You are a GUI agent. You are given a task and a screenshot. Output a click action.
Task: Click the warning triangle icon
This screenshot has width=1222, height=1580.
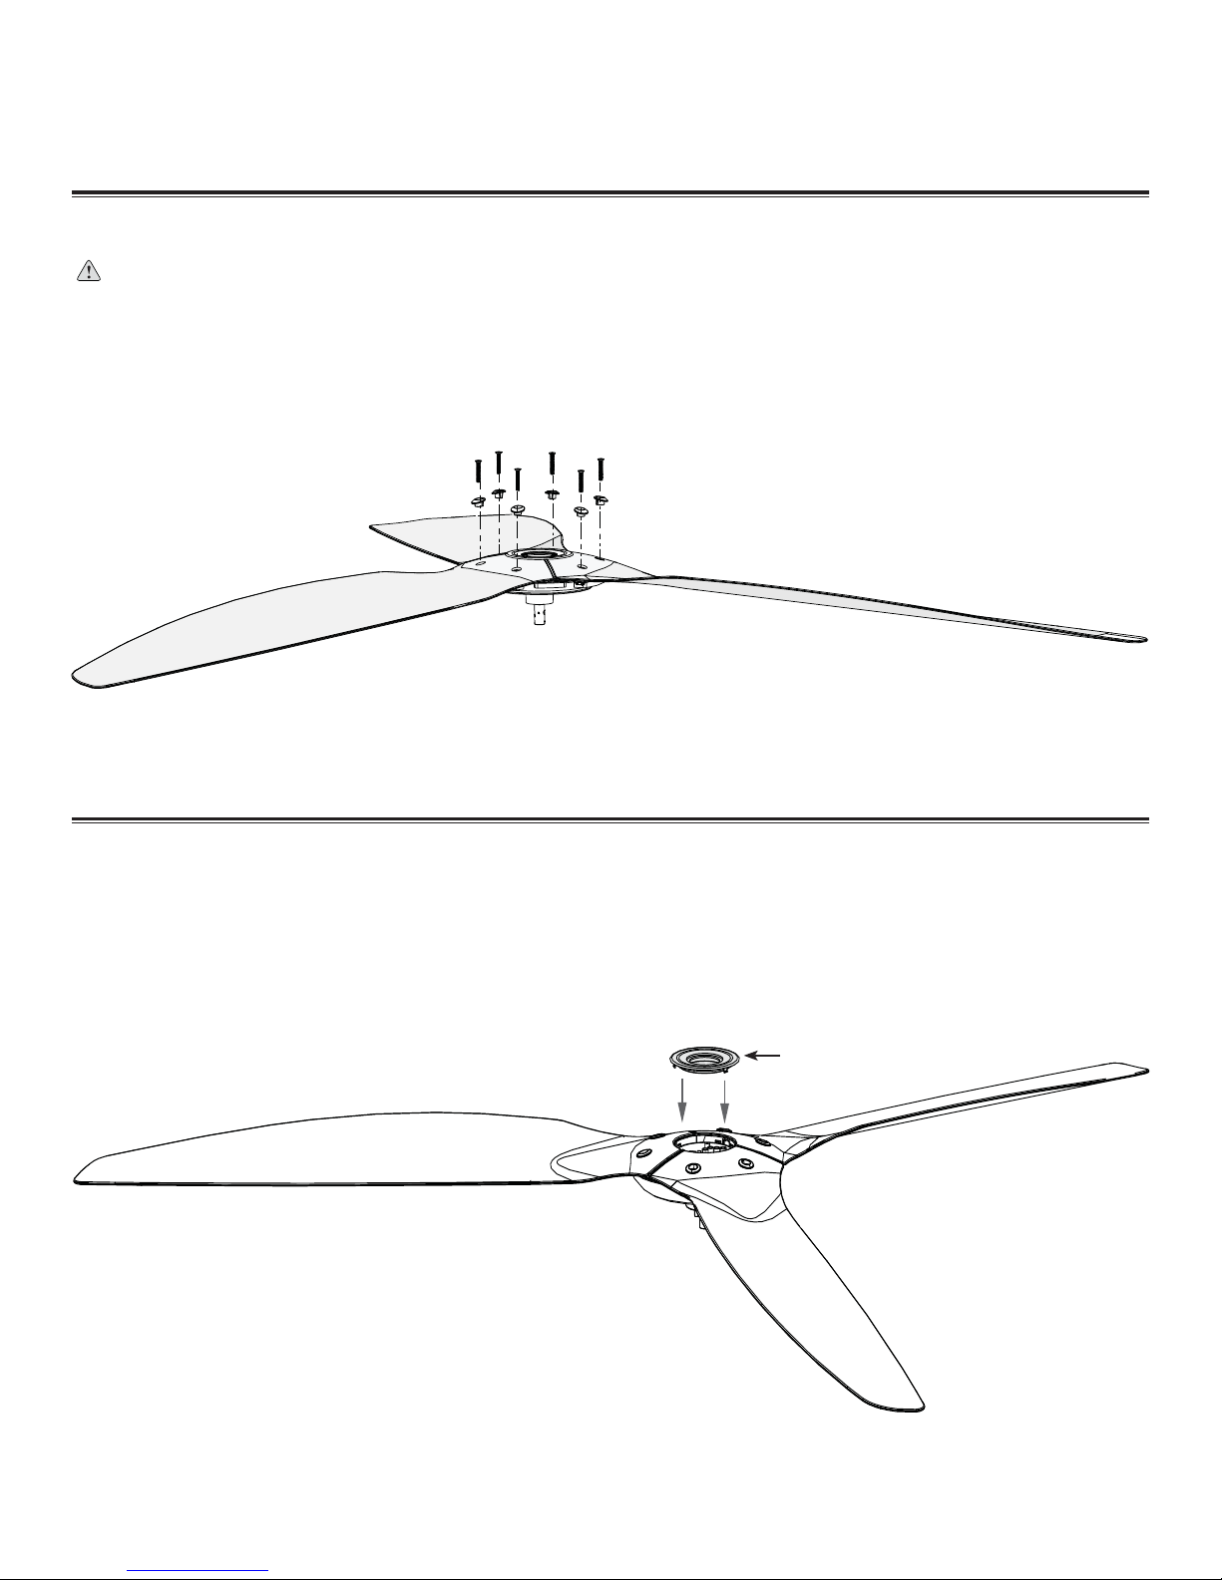pyautogui.click(x=90, y=273)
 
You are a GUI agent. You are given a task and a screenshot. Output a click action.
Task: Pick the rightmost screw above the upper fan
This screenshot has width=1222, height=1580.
pyautogui.click(x=601, y=469)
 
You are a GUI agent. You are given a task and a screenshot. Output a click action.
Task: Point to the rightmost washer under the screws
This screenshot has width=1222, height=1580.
pyautogui.click(x=601, y=499)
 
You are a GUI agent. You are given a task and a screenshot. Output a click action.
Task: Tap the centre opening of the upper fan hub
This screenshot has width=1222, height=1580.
pyautogui.click(x=540, y=554)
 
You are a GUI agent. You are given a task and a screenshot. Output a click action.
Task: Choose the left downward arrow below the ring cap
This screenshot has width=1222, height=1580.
pyautogui.click(x=683, y=1102)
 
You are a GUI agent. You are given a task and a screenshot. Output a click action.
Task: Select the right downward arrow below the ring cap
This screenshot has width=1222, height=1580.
pyautogui.click(x=724, y=1102)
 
